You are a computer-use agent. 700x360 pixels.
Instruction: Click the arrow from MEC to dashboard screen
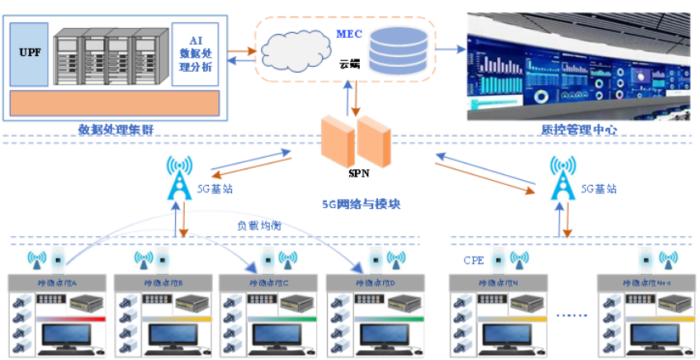coord(450,50)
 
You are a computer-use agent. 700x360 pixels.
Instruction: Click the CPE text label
coord(473,262)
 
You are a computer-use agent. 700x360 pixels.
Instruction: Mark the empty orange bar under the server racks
coord(115,102)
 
